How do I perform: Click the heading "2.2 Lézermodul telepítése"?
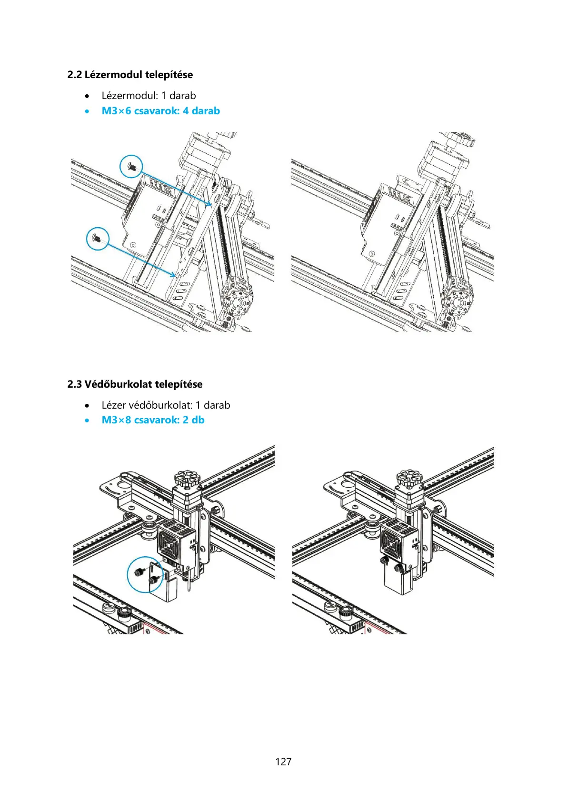tap(130, 75)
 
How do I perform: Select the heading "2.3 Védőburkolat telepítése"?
tap(135, 384)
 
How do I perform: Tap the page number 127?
tap(283, 762)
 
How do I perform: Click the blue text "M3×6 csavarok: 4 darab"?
tap(160, 111)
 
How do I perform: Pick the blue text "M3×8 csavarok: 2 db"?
tap(153, 420)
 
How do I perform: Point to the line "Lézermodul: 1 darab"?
tap(149, 96)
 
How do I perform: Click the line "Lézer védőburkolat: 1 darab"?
tap(166, 405)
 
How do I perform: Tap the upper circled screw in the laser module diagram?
tap(131, 167)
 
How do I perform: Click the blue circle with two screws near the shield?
tap(145, 575)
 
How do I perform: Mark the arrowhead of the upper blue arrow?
tap(210, 205)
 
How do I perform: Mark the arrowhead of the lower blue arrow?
tap(173, 275)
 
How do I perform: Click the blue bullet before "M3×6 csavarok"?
tap(87, 111)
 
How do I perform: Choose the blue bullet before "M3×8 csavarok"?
tap(87, 421)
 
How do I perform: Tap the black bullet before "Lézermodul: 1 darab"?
tap(87, 96)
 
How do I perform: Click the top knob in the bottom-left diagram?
tap(186, 478)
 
